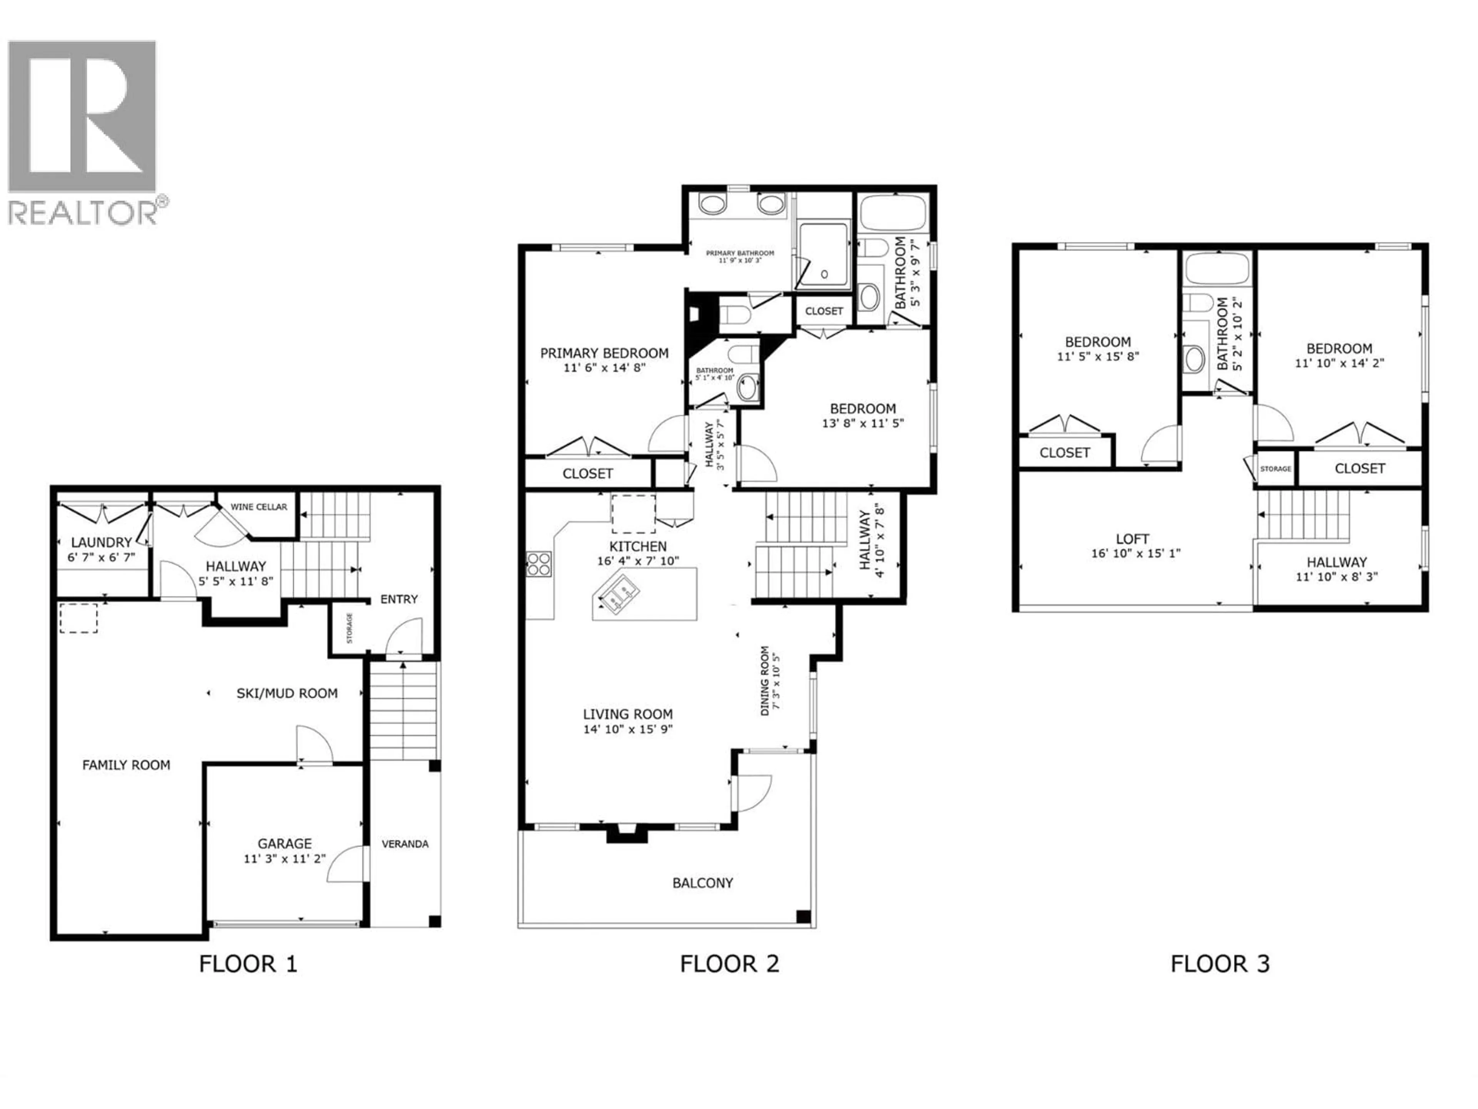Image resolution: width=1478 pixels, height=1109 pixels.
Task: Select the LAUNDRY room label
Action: [x=102, y=542]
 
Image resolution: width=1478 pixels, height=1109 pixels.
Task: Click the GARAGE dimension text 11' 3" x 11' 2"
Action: [x=285, y=858]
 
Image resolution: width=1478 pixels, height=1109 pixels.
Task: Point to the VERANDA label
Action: [x=405, y=844]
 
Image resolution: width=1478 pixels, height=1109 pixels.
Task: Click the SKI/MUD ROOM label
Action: [x=287, y=693]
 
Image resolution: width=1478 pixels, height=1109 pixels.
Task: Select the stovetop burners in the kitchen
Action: [x=538, y=563]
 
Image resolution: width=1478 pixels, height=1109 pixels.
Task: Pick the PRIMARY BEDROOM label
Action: [x=604, y=353]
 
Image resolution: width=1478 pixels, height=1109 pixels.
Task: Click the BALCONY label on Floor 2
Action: [x=702, y=883]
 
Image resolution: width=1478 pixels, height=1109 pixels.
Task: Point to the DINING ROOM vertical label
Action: [x=765, y=680]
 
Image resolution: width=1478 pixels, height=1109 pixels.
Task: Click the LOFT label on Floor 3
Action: [x=1132, y=539]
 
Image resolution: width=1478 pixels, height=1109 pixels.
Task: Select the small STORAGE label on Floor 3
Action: [x=1276, y=469]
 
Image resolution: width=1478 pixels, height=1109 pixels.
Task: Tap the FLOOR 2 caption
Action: [x=729, y=963]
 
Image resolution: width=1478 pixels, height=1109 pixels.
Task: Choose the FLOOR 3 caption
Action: [x=1219, y=963]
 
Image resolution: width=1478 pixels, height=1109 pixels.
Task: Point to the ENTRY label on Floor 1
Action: [x=399, y=599]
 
